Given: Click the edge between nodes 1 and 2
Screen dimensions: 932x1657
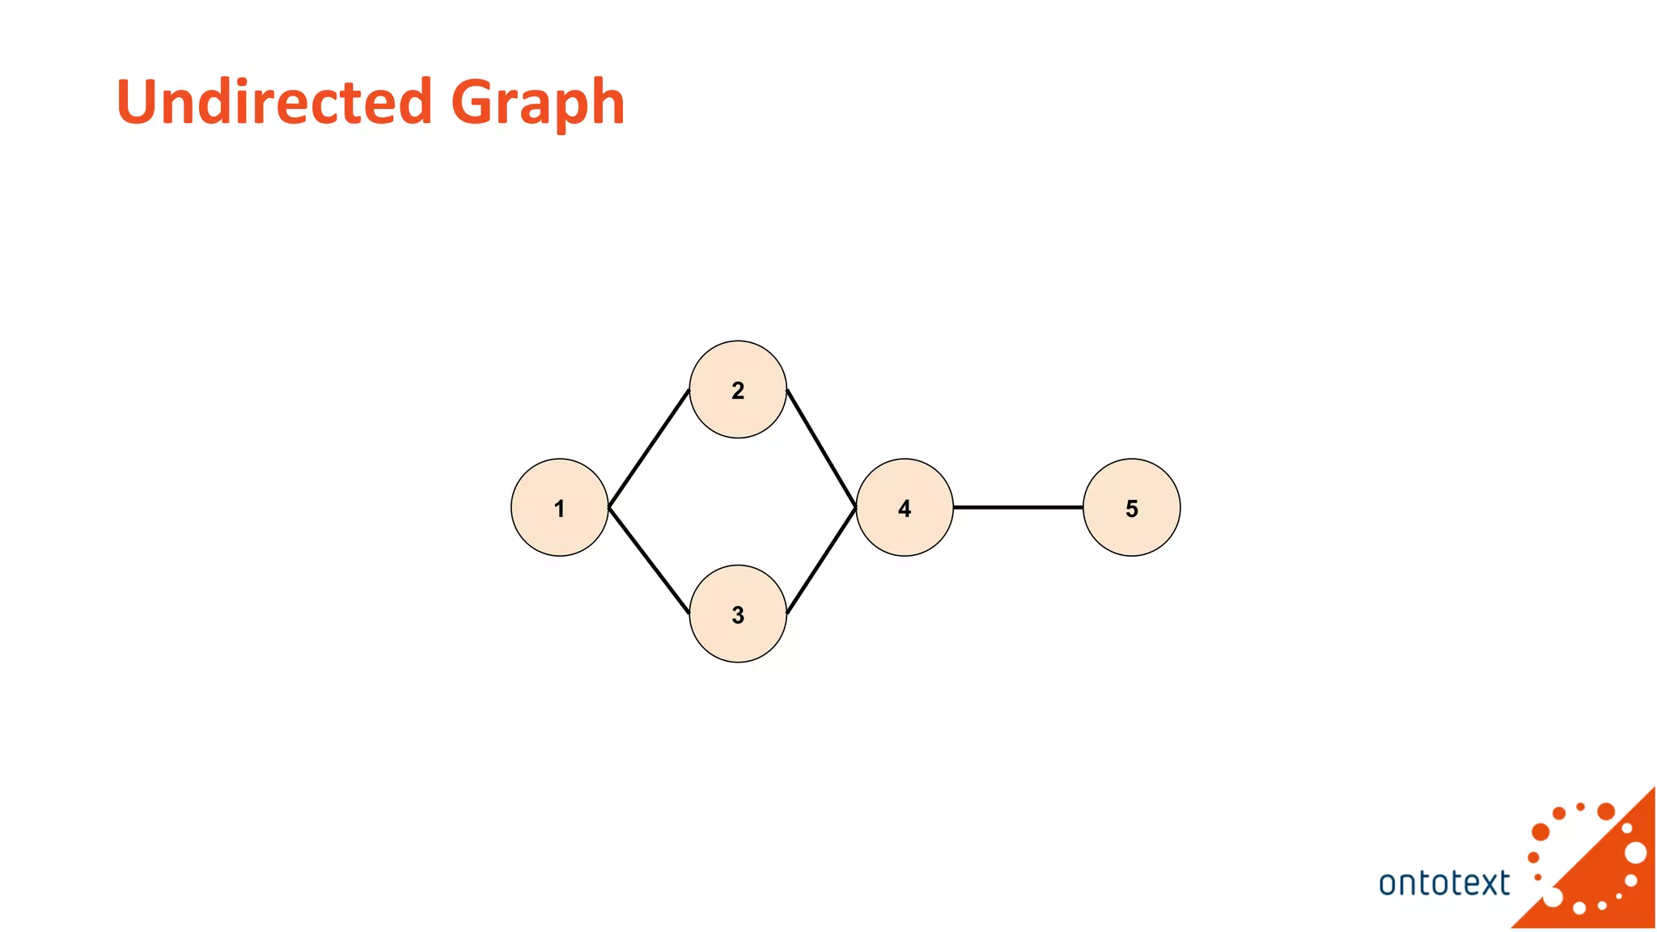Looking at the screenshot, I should (649, 448).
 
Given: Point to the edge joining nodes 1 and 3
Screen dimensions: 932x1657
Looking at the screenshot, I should (649, 560).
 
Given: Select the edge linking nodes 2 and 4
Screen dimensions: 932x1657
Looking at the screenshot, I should (821, 448).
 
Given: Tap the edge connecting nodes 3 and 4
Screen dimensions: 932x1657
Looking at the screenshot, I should (821, 560).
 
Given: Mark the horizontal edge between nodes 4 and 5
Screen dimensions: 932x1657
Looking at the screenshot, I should (1018, 507).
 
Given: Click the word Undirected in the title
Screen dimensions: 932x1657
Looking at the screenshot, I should (274, 102).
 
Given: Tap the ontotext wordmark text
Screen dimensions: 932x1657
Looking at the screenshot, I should (1443, 883).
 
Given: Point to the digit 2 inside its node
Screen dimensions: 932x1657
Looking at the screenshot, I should (738, 391).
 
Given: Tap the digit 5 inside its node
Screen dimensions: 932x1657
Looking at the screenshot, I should (1132, 509).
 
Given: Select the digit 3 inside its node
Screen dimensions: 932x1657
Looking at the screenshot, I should (738, 615).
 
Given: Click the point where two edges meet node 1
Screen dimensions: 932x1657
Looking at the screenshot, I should (608, 507).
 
